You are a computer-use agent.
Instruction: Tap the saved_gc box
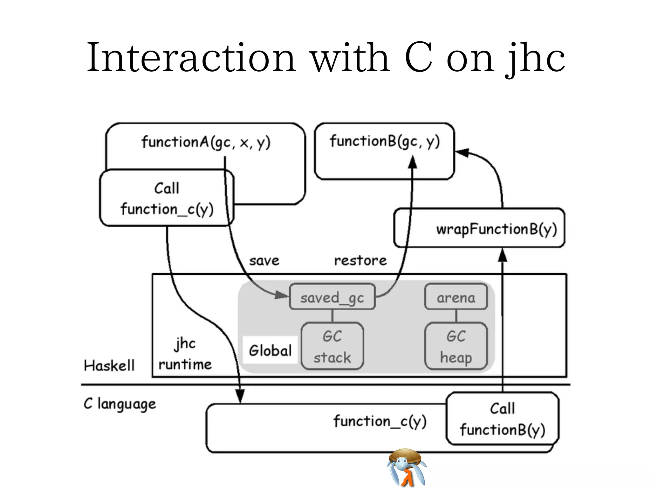(x=332, y=297)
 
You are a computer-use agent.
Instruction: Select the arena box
(x=456, y=297)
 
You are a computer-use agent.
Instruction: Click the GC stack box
(x=332, y=346)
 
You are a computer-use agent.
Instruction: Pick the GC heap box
(x=456, y=346)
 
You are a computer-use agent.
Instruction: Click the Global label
(x=270, y=350)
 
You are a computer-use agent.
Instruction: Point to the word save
(x=264, y=260)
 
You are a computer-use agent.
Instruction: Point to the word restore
(x=360, y=260)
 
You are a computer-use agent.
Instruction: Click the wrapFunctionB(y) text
(x=496, y=229)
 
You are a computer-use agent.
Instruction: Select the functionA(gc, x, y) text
(x=206, y=142)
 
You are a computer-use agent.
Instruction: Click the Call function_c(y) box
(x=167, y=198)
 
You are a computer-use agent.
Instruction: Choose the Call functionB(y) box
(x=502, y=419)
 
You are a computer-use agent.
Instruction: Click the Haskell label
(x=109, y=365)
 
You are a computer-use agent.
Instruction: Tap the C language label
(x=120, y=404)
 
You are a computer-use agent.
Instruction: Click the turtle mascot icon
(x=406, y=467)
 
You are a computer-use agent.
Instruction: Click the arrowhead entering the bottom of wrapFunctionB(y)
(x=502, y=256)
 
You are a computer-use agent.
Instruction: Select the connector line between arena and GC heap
(x=456, y=316)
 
